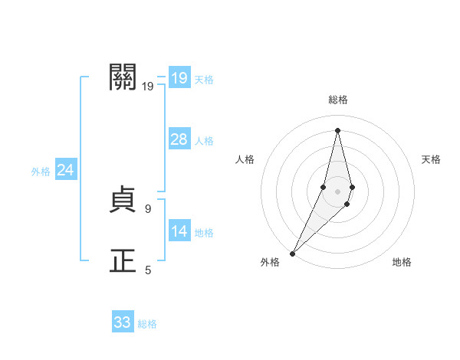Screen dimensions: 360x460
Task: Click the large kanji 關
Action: tap(123, 77)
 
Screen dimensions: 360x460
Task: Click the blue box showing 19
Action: tap(179, 78)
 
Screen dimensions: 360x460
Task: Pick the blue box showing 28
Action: tap(179, 139)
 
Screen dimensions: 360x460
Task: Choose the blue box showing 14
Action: tap(179, 231)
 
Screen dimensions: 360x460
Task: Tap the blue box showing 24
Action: tap(65, 170)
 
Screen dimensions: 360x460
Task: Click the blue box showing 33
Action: tap(123, 322)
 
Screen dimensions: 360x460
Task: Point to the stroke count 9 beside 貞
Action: tap(148, 208)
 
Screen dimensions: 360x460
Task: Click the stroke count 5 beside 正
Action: tap(148, 270)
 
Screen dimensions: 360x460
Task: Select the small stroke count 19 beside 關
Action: tap(148, 86)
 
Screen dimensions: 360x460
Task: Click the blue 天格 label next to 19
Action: tap(204, 79)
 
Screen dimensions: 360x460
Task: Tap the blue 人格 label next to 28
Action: tap(204, 140)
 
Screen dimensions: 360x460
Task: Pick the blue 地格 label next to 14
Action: tap(204, 232)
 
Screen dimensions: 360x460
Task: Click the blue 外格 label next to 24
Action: tap(41, 172)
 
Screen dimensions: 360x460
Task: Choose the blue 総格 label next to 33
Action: tap(147, 324)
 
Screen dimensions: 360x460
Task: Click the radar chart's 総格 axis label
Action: tap(337, 100)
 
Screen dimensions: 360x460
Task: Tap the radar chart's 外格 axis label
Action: tap(270, 262)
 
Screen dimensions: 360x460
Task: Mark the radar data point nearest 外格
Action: tap(293, 253)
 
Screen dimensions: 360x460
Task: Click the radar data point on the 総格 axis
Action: tap(337, 130)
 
